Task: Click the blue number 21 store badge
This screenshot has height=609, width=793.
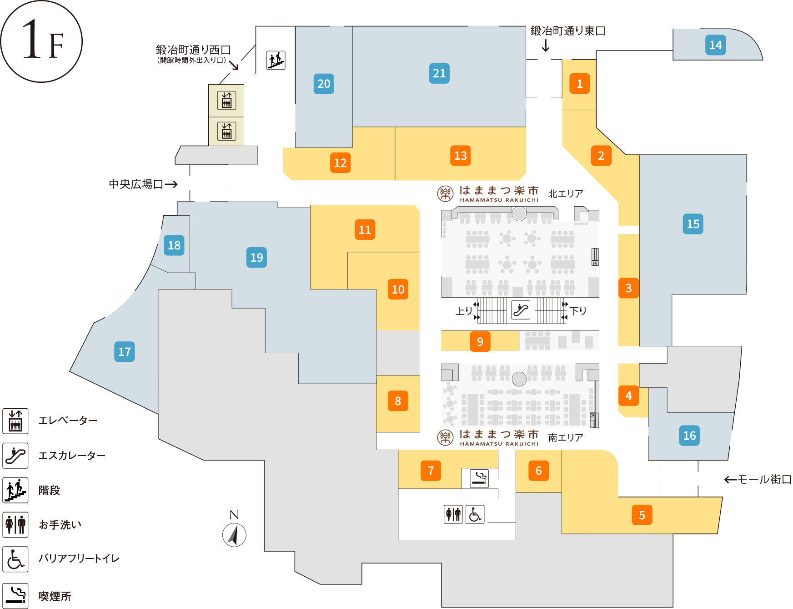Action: click(x=439, y=73)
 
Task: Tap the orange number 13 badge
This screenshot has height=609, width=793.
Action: click(x=461, y=156)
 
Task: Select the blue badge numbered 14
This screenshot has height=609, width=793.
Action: click(x=715, y=45)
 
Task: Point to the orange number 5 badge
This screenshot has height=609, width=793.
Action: click(x=642, y=515)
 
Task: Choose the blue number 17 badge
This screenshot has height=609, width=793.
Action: click(x=125, y=352)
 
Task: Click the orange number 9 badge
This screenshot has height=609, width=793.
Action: click(x=480, y=342)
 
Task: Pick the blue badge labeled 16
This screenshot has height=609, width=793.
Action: click(x=689, y=436)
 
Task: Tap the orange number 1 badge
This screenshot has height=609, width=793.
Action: click(x=580, y=84)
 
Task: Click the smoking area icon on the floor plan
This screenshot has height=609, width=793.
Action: click(x=479, y=478)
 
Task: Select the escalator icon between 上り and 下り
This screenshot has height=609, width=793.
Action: click(x=521, y=310)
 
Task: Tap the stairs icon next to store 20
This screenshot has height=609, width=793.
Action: click(x=276, y=60)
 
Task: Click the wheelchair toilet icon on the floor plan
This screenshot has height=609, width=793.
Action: click(x=475, y=514)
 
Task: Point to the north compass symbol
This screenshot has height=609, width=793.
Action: click(x=234, y=534)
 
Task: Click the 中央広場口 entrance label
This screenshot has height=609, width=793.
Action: click(x=136, y=184)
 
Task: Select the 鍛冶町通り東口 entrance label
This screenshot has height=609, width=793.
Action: click(x=568, y=31)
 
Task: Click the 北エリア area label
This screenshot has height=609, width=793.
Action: click(x=565, y=194)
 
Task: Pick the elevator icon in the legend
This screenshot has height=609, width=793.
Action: click(x=15, y=421)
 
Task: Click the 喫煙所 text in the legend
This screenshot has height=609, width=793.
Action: click(x=55, y=596)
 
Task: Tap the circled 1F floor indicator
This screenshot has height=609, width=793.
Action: click(x=41, y=41)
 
